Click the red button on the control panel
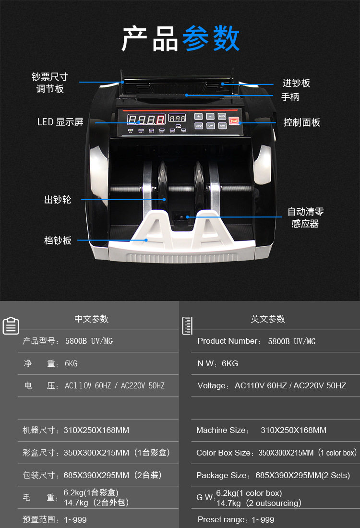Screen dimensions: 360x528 point(234,121)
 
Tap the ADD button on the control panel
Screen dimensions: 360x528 point(199,126)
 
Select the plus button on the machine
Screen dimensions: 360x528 point(199,116)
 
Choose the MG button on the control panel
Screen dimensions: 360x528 point(222,126)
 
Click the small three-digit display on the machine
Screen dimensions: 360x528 point(178,118)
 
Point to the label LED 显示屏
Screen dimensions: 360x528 point(60,122)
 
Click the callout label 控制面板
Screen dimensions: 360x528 point(301,122)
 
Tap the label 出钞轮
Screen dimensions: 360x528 point(58,200)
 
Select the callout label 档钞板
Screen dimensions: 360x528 point(58,240)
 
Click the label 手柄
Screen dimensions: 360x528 point(290,97)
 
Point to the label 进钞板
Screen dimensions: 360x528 point(296,83)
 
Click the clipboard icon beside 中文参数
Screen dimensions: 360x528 point(11,326)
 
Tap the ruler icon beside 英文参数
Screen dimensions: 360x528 point(187,325)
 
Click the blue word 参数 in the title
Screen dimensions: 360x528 point(211,38)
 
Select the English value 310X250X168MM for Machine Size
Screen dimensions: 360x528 point(293,430)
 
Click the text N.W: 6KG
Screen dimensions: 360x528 point(218,363)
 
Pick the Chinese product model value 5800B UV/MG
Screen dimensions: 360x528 point(89,341)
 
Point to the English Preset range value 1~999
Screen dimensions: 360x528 point(263,520)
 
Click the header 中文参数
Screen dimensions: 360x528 point(91,319)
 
